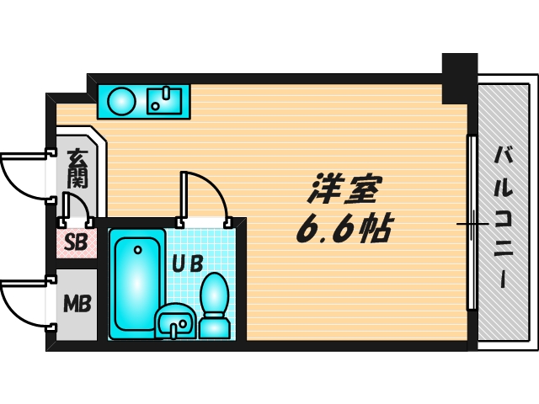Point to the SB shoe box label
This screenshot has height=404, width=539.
[x=76, y=243]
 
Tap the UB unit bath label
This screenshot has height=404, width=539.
[x=188, y=263]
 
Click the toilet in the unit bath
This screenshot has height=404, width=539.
[x=216, y=295]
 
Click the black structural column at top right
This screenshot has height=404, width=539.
[x=459, y=76]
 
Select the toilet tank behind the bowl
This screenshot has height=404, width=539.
[x=214, y=324]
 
